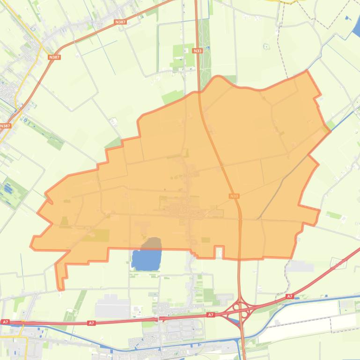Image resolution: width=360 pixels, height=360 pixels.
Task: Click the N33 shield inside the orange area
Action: click(x=234, y=196)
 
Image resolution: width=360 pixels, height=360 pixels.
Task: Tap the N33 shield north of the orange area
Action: click(x=197, y=50)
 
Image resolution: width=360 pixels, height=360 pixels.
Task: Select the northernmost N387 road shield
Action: click(x=120, y=22)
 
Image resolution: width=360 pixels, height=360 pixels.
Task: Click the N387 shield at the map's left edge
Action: click(x=5, y=126)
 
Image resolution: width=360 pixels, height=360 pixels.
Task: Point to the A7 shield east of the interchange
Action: click(x=290, y=296)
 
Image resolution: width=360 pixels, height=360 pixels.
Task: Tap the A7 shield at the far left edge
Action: click(x=5, y=322)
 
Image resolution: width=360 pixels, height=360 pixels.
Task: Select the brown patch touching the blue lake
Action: click(x=152, y=244)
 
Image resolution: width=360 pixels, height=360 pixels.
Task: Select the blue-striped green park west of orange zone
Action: click(x=9, y=189)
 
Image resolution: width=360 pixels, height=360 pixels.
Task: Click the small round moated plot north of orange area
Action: click(x=266, y=46)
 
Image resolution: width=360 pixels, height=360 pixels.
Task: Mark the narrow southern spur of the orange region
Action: click(x=60, y=276)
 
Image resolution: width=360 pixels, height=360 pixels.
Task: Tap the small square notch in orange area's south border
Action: click(x=219, y=252)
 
